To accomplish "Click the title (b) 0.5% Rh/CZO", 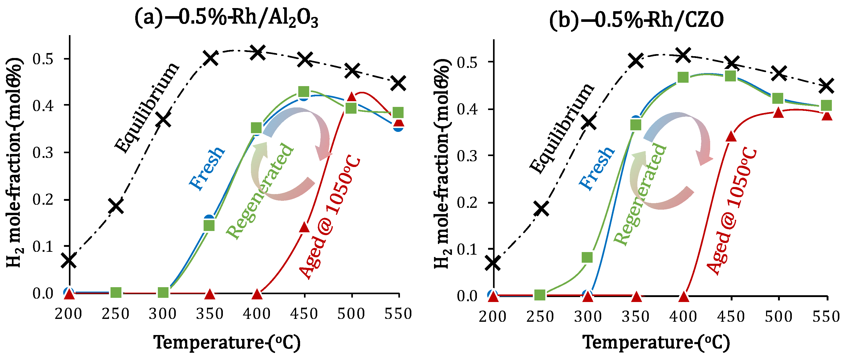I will pos(636,20).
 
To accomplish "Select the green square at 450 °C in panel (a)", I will pos(304,91).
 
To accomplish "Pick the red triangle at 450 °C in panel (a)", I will pos(304,227).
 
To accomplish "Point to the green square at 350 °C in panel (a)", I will pos(209,226).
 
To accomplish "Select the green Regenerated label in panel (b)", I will pos(640,194).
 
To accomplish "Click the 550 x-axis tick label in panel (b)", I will pos(826,317).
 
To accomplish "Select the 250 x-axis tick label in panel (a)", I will pos(115,314).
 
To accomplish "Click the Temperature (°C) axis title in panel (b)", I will pos(657,342).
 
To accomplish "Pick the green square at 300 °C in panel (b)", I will pos(587,257).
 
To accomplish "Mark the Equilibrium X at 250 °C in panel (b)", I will pos(541,209).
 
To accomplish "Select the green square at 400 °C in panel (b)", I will pos(683,77).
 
